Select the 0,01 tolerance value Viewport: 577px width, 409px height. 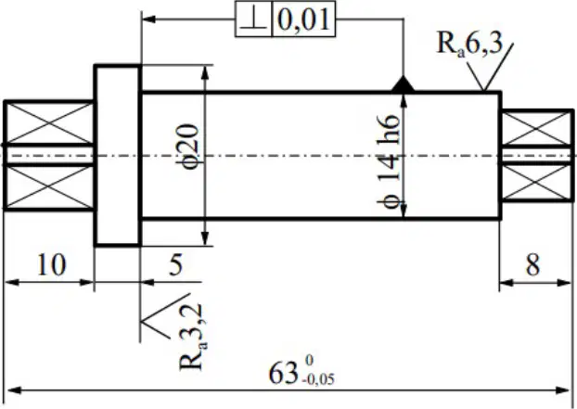303,19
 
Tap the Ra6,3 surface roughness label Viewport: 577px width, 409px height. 469,45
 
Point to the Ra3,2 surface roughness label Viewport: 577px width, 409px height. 192,337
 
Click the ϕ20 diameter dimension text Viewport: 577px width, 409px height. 189,146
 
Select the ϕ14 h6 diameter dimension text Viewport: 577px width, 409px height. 389,161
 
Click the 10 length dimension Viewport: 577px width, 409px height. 52,264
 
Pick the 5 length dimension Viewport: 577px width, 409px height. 176,264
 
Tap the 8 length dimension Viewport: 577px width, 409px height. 533,264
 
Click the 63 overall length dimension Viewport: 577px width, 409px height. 283,374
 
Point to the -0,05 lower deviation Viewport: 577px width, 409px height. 319,379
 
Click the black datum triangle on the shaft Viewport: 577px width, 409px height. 403,83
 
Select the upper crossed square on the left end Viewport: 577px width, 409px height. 48,122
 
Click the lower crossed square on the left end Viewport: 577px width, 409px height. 48,187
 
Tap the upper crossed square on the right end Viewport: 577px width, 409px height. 536,128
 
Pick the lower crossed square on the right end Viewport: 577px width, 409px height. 536,182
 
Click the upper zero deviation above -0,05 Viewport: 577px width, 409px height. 309,361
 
